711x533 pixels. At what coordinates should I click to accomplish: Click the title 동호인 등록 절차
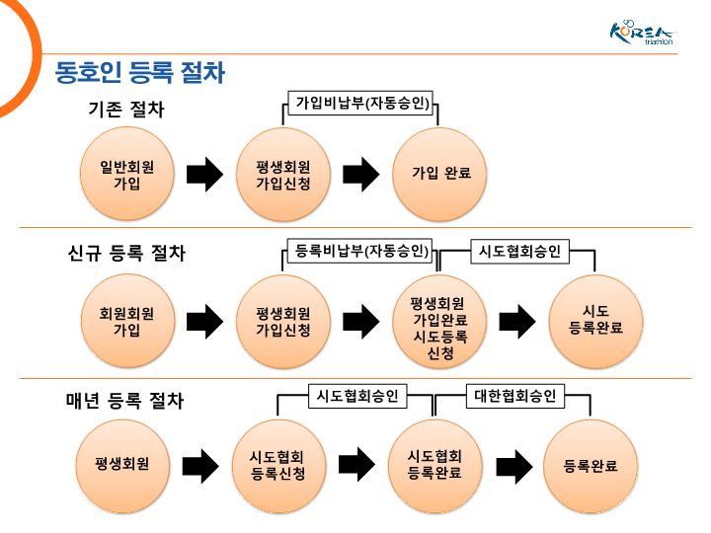(x=140, y=73)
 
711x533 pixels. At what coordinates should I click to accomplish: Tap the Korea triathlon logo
(x=641, y=32)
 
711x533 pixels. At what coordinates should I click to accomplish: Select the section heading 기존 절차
(x=126, y=110)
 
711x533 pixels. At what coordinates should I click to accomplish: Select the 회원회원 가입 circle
(x=126, y=321)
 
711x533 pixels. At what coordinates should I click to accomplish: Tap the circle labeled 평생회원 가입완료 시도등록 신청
(x=440, y=321)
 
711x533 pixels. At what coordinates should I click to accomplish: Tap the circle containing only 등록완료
(x=591, y=464)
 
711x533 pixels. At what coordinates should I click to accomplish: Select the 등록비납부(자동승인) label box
(x=361, y=251)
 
